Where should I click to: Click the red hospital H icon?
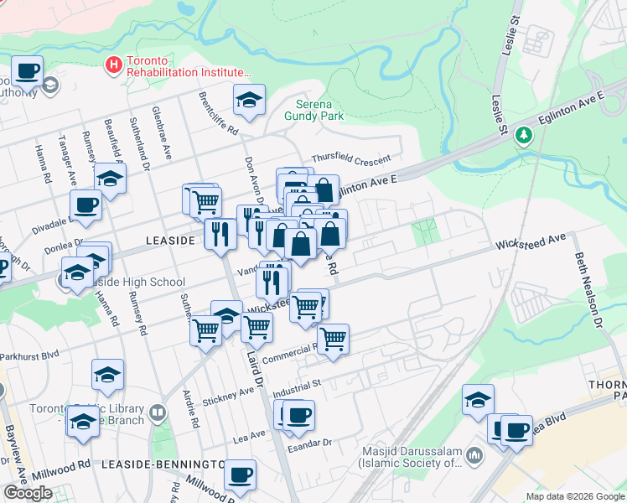(x=112, y=63)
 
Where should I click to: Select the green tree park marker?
(x=525, y=134)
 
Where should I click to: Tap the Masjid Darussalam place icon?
(x=475, y=455)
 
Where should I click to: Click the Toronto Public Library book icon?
(x=158, y=412)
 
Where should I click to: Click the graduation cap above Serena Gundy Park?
(x=249, y=100)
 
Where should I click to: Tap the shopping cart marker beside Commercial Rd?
(x=333, y=339)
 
